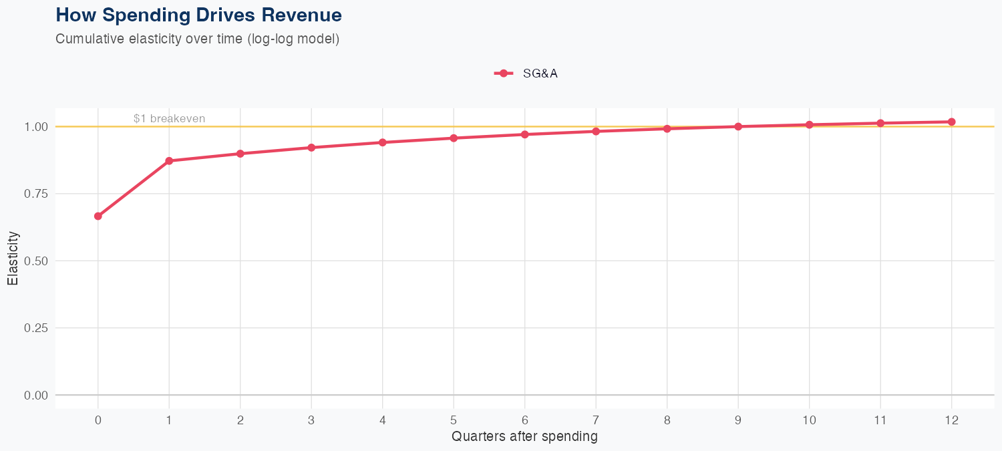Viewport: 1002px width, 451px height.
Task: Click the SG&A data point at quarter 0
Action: click(98, 216)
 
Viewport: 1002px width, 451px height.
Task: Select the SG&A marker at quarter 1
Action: click(169, 161)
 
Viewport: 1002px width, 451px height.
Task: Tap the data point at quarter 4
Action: click(383, 142)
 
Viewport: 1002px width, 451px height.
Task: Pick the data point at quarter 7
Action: click(596, 131)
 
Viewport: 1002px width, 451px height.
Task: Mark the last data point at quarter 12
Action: click(952, 122)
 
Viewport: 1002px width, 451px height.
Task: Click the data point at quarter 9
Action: click(738, 126)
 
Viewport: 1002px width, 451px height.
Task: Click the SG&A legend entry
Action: click(526, 73)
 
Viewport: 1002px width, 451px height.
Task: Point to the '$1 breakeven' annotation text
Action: click(169, 119)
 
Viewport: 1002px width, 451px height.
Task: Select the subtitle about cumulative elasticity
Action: click(198, 39)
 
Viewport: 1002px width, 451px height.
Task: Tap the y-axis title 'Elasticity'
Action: click(13, 258)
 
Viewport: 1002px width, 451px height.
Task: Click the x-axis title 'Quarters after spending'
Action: click(524, 437)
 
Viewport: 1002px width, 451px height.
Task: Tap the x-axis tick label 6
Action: click(525, 420)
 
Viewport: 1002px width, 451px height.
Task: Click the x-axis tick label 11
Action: click(880, 420)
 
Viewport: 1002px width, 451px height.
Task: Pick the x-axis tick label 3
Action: click(311, 420)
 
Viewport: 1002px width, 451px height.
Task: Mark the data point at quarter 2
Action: click(240, 154)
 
